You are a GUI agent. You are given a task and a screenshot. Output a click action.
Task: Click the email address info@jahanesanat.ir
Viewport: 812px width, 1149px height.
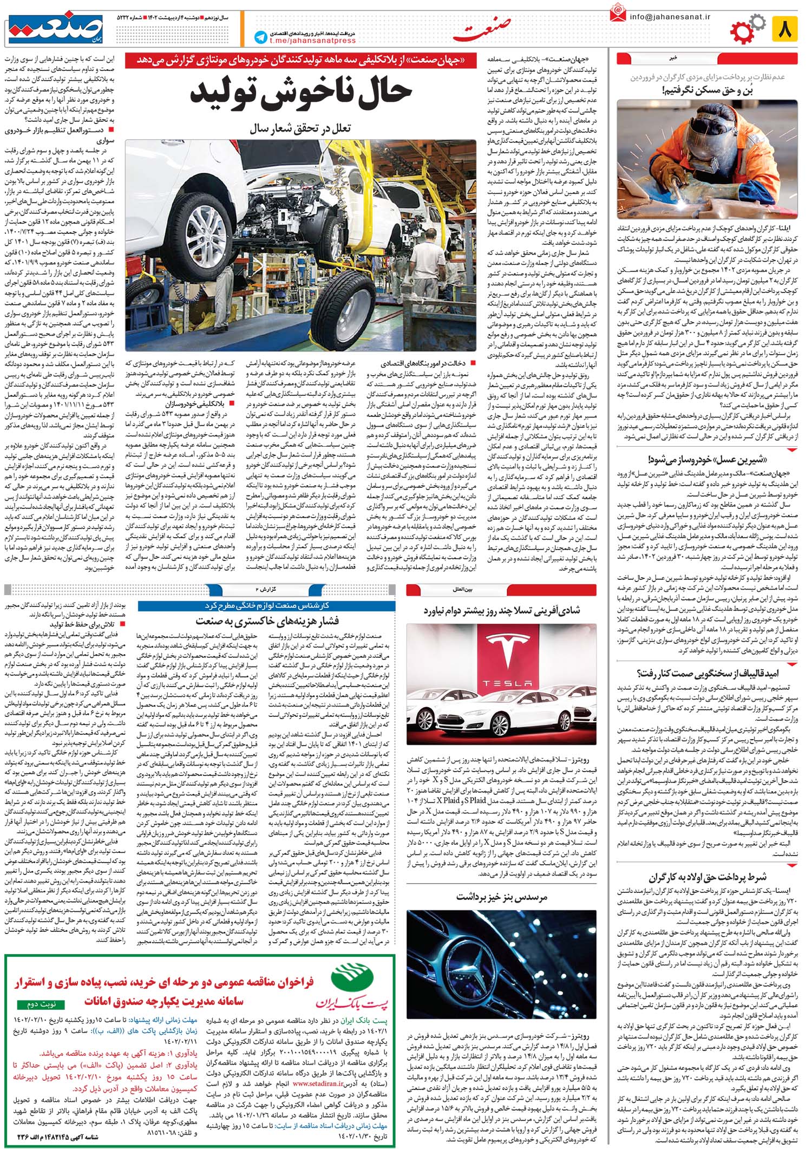[x=670, y=17]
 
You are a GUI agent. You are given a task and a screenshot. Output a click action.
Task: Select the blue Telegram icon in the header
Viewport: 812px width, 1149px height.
[x=261, y=37]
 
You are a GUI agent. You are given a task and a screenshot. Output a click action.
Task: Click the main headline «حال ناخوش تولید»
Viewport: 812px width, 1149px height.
[x=300, y=93]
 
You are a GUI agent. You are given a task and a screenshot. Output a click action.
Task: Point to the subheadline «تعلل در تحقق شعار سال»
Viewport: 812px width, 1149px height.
[x=300, y=128]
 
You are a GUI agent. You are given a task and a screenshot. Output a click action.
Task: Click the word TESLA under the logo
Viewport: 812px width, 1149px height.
[x=501, y=683]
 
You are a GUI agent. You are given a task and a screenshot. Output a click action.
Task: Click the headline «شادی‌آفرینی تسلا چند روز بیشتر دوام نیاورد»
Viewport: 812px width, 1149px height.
[x=501, y=610]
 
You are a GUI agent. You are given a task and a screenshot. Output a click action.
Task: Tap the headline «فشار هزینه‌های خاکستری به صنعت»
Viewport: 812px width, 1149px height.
[x=267, y=620]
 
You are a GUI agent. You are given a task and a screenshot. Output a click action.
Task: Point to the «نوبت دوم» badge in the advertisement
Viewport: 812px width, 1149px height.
[x=41, y=1004]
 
